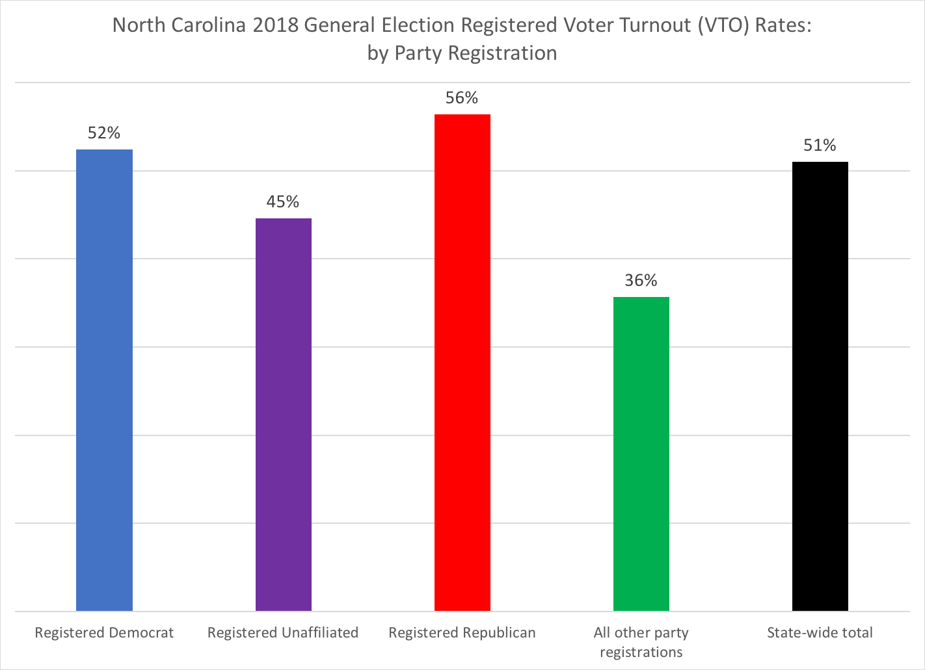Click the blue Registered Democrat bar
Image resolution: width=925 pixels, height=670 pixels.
(104, 380)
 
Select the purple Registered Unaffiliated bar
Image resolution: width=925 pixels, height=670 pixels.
(284, 415)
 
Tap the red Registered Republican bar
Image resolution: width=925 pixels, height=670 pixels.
(462, 363)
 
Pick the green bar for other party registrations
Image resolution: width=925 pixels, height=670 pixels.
(641, 454)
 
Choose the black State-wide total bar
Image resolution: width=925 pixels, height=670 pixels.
(820, 386)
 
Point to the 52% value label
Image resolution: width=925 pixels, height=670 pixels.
(104, 133)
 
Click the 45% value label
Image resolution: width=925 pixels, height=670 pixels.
(283, 202)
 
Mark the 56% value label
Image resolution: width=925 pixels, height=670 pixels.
(462, 98)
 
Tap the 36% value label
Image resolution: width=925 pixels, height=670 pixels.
(641, 281)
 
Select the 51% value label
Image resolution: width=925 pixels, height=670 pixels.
(820, 146)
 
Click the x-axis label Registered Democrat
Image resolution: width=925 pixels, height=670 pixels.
(104, 633)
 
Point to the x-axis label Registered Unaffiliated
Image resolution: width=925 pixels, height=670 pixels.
(283, 633)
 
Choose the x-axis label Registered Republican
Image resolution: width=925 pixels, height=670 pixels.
(462, 633)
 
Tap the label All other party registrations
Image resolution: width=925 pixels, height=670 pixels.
(641, 642)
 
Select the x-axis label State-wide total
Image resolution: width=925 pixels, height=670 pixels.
(820, 633)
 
